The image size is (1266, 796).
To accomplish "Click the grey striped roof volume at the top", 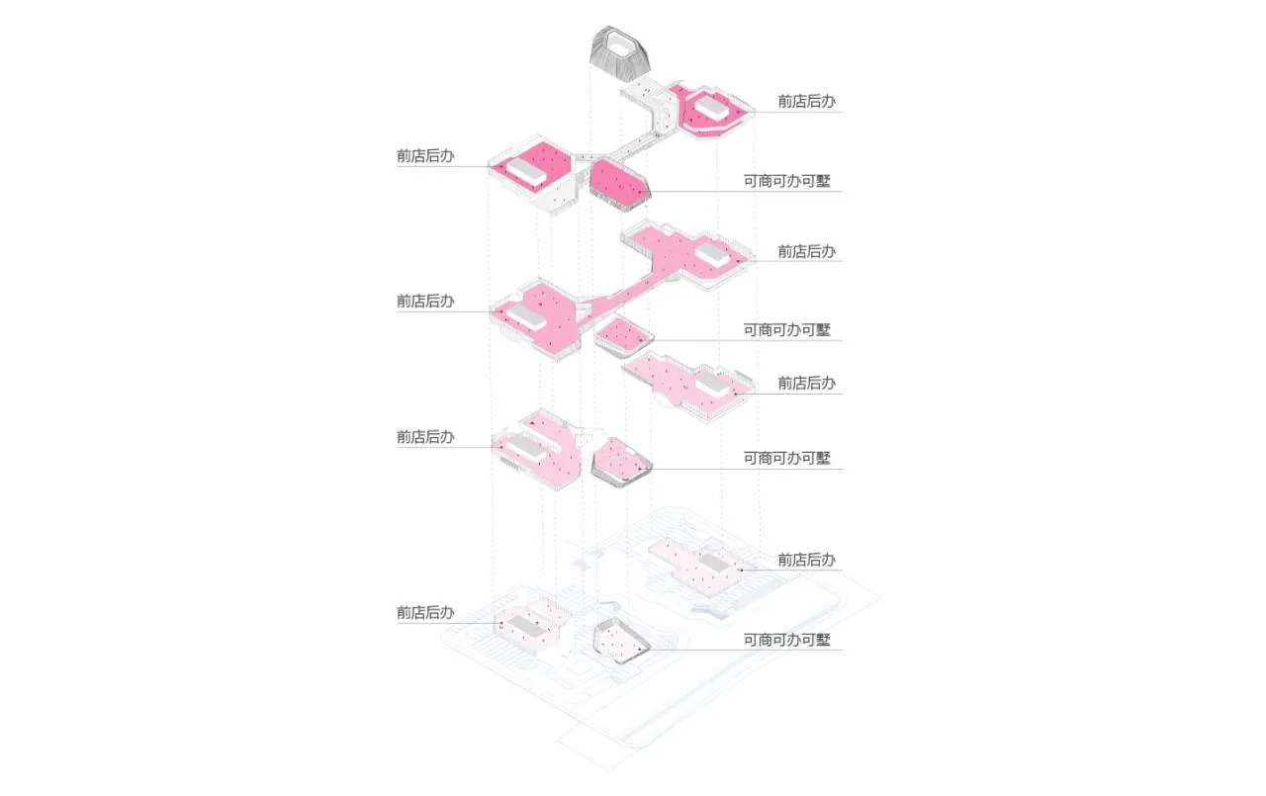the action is (x=619, y=53).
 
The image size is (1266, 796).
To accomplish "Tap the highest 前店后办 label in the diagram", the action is (x=806, y=101).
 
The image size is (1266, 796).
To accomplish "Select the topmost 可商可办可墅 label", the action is (x=786, y=181).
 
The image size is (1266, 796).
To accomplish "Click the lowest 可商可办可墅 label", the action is (x=786, y=640).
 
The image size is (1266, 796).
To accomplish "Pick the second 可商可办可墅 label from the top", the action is (x=786, y=330).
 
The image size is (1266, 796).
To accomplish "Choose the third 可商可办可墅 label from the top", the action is (x=786, y=458).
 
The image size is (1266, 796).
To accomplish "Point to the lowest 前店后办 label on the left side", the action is (x=425, y=612).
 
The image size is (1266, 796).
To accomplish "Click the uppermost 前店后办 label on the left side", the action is (x=425, y=156).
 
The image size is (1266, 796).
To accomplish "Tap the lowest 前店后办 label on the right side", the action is (x=806, y=560).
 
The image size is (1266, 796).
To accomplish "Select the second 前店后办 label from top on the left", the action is (x=425, y=302).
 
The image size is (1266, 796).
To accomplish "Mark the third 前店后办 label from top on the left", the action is (x=425, y=437).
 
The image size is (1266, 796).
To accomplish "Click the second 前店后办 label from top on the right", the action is (x=806, y=251).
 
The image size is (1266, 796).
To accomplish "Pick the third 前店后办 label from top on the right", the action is (x=806, y=383).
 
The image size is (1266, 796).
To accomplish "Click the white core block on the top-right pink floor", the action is (x=711, y=108).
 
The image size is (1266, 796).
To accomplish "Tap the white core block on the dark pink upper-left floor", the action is (x=525, y=171).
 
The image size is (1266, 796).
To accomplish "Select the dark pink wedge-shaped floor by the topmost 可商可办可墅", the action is (x=619, y=185).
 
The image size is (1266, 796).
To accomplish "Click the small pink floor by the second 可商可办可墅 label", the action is (x=623, y=336).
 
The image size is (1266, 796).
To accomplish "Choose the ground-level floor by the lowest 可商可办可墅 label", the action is (x=621, y=641).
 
